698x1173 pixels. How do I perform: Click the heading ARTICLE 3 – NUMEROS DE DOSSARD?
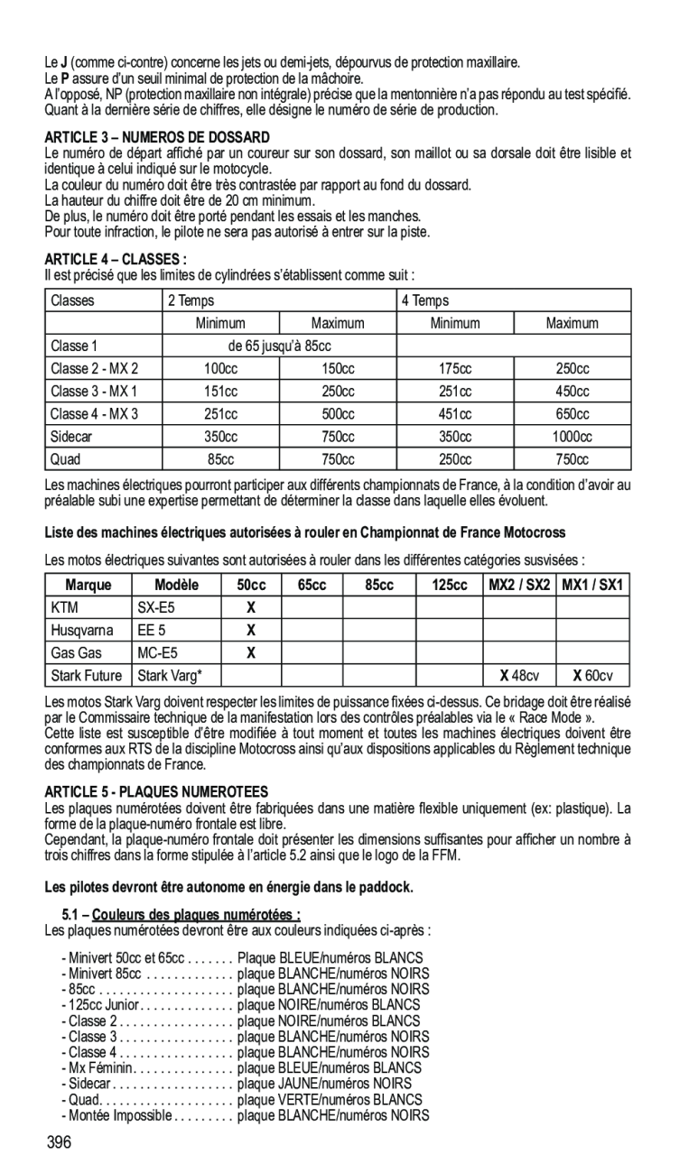pos(157,137)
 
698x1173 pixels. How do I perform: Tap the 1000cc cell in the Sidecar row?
pos(572,437)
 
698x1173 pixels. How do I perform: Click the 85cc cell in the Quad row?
pos(220,459)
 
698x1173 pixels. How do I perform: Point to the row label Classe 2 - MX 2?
pos(95,368)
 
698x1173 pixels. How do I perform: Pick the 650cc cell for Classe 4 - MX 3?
pos(572,414)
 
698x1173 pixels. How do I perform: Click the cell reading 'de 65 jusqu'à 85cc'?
pos(279,346)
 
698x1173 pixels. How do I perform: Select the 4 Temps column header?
pos(424,300)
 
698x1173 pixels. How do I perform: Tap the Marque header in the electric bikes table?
pos(88,585)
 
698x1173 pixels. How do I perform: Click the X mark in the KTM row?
pos(252,607)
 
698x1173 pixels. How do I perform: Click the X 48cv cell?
pos(519,675)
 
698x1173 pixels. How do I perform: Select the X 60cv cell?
pos(591,675)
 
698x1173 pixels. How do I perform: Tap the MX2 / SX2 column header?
pos(518,585)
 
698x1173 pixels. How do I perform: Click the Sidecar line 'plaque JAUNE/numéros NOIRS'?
pos(324,1083)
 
